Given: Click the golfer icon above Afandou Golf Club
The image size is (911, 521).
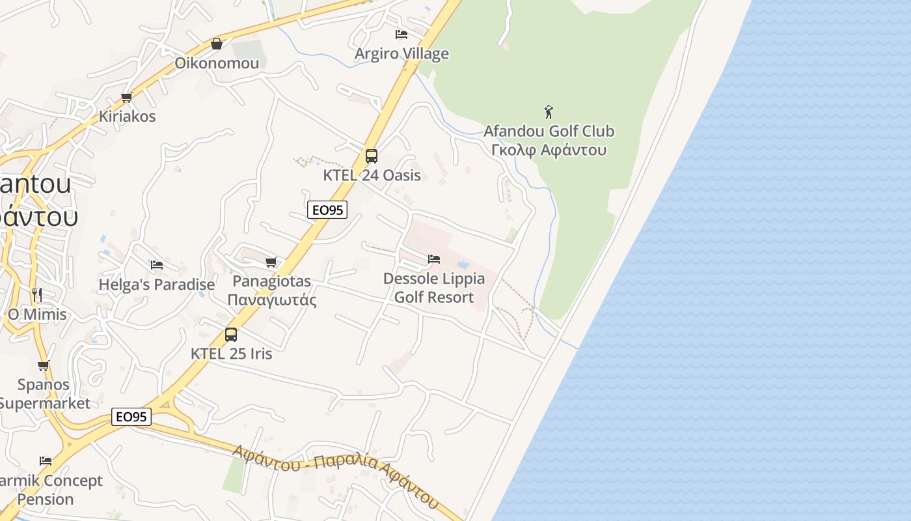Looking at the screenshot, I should pyautogui.click(x=549, y=112).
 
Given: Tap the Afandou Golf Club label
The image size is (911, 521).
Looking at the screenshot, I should pyautogui.click(x=549, y=131).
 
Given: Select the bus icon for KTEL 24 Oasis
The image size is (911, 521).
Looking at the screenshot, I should pyautogui.click(x=372, y=156).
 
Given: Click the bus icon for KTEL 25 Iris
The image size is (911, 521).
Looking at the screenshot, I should pyautogui.click(x=231, y=335).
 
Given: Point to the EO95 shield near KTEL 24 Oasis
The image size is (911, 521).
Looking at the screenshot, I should pyautogui.click(x=327, y=210).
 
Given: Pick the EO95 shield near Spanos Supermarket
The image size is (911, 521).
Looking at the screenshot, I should pyautogui.click(x=131, y=417).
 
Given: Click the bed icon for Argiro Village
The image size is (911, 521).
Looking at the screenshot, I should pyautogui.click(x=401, y=34).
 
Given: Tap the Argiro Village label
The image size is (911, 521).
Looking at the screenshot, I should pyautogui.click(x=401, y=53).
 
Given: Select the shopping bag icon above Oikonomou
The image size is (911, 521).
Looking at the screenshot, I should pyautogui.click(x=217, y=44).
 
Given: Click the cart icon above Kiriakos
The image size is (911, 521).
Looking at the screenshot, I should pyautogui.click(x=127, y=98).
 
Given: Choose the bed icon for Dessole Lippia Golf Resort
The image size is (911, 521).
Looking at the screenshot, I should pyautogui.click(x=434, y=259).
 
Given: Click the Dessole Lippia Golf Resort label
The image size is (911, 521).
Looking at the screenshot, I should pyautogui.click(x=434, y=288).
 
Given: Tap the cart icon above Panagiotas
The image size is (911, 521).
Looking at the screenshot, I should pyautogui.click(x=271, y=262).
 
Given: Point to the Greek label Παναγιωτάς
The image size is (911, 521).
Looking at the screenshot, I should pyautogui.click(x=272, y=300).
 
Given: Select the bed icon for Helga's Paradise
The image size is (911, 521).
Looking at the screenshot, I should pyautogui.click(x=157, y=265).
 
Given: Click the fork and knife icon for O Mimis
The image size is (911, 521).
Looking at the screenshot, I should pyautogui.click(x=37, y=294).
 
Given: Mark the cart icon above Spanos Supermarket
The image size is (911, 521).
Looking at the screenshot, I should pyautogui.click(x=44, y=365).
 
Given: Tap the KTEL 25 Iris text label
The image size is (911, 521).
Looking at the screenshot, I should pyautogui.click(x=231, y=354).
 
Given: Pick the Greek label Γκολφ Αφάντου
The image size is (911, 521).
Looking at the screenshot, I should pyautogui.click(x=549, y=150).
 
